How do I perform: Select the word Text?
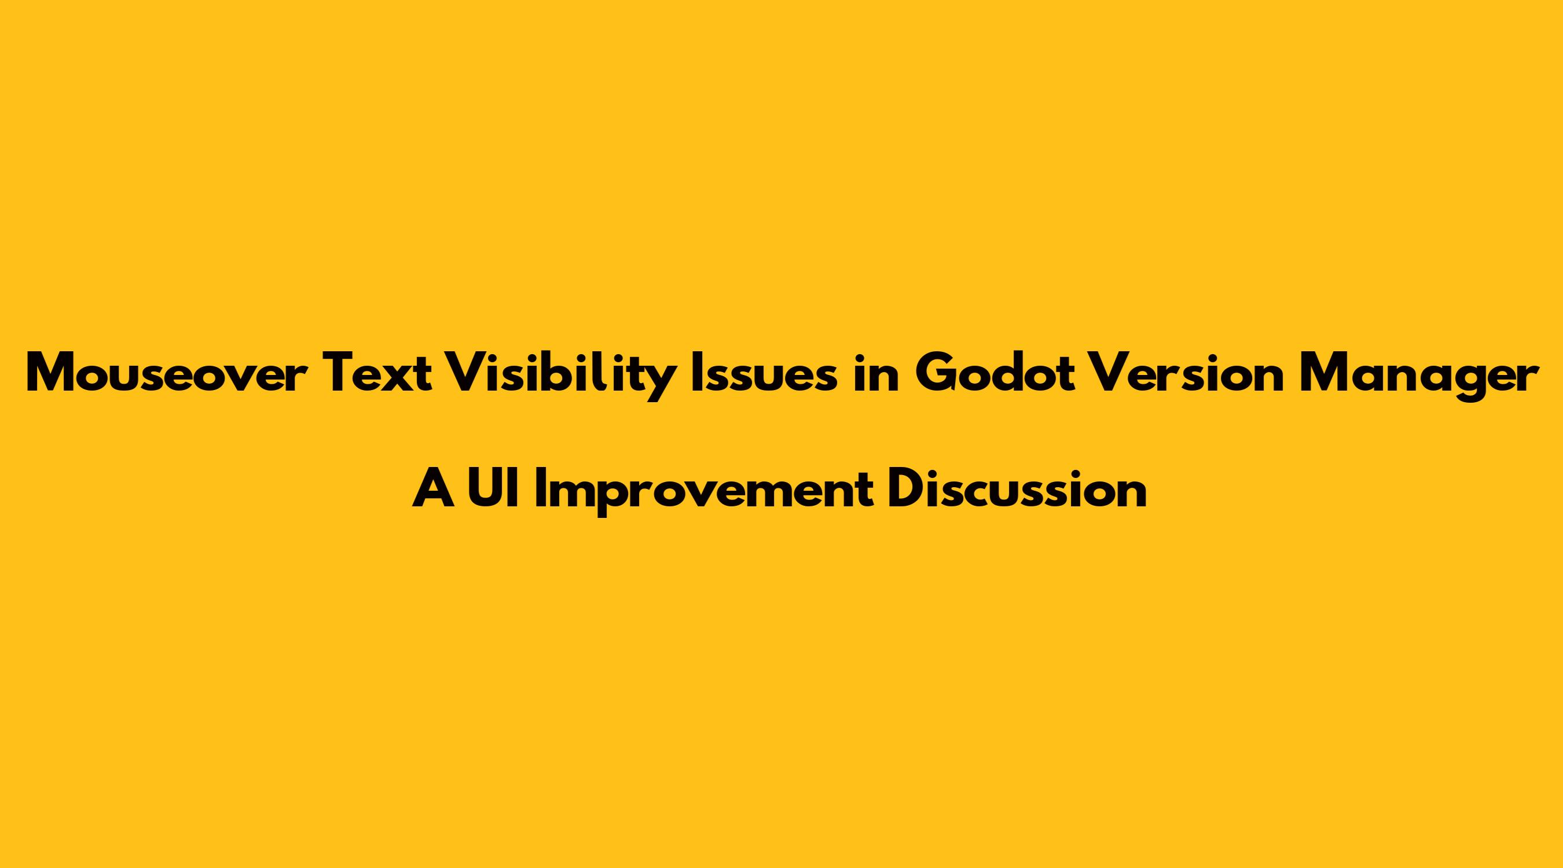click(x=379, y=374)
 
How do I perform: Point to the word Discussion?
click(x=1017, y=488)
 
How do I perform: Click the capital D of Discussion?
click(x=908, y=488)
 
